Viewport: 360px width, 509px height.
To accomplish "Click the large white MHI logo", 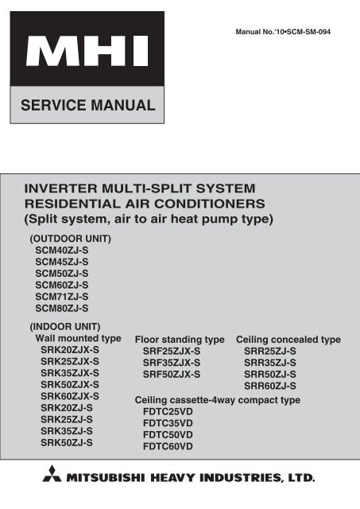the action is (x=87, y=51).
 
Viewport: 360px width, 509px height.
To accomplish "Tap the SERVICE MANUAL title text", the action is (x=88, y=105).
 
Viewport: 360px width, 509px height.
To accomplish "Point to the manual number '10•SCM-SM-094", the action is (x=303, y=32).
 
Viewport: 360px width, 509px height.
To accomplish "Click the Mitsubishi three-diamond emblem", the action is (x=52, y=473).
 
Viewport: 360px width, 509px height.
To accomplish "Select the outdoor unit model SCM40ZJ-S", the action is (x=62, y=251).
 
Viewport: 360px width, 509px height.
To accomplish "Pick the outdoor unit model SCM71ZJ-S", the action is (x=62, y=297).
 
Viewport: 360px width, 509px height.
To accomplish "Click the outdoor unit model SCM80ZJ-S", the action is (x=62, y=308).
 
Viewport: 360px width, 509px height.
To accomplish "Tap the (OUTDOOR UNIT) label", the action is (x=71, y=239).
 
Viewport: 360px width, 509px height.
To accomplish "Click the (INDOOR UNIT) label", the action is (x=65, y=327).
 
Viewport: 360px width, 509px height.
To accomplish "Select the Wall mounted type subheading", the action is (x=78, y=338).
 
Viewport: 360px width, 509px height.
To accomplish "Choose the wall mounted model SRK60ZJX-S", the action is (x=70, y=396).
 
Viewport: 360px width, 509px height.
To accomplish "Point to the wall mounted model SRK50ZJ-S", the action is (x=67, y=442).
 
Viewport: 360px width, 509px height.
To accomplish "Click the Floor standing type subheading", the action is (x=180, y=340).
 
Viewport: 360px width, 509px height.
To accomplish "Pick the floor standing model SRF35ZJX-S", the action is (x=172, y=363).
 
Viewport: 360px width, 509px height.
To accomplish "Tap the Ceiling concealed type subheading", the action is (x=288, y=340).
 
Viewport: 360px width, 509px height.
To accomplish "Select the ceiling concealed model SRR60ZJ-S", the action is (x=270, y=386).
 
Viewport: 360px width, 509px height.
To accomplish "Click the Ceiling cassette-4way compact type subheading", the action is (x=217, y=400).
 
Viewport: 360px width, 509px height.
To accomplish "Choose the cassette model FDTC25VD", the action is (x=168, y=412).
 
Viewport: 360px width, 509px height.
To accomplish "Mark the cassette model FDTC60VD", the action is (x=168, y=446).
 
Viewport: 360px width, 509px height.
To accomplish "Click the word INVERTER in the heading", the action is (x=61, y=188).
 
